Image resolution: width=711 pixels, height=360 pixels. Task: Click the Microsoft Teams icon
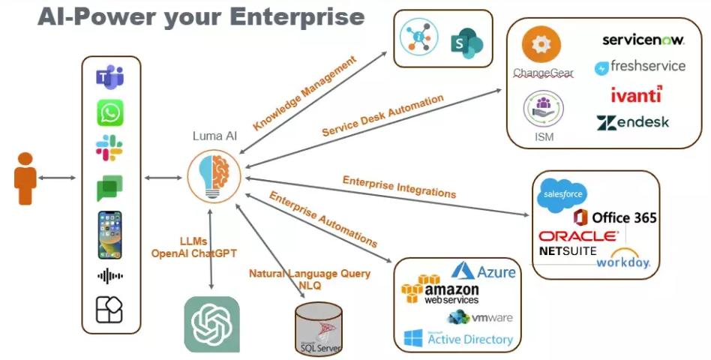110,77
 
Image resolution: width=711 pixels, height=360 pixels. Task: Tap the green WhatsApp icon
110,113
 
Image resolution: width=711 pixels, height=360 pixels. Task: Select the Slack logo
110,148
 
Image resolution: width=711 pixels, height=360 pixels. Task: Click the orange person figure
25,178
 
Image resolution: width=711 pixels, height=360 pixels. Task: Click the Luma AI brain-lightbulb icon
214,174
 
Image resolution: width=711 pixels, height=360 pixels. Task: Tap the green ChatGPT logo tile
212,325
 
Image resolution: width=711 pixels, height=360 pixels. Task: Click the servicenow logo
643,40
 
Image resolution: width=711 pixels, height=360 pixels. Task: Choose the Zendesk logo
633,122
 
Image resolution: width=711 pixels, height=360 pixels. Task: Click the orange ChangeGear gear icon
541,46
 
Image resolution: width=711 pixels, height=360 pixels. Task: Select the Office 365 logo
615,217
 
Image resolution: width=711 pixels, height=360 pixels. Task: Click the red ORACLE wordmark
578,236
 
